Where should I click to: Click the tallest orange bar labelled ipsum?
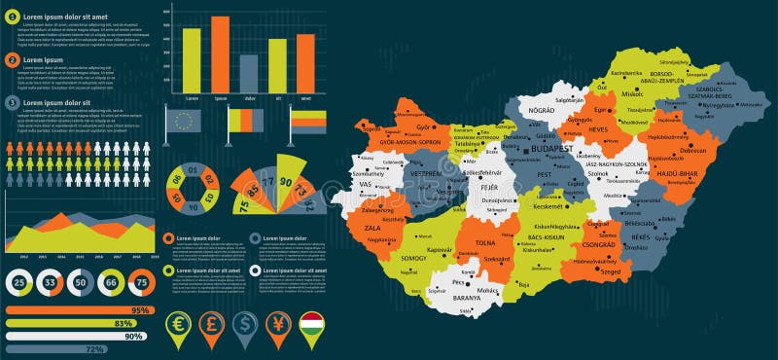point(220,53)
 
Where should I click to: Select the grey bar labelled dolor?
point(248,72)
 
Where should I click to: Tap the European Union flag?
point(183,120)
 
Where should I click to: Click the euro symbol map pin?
point(178,326)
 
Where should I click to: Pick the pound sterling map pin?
point(211,326)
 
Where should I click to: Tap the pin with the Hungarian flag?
point(311,326)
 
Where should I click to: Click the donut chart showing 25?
point(19,282)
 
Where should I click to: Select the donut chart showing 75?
point(141,282)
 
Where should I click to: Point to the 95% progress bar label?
point(140,310)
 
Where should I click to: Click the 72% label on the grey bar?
point(95,348)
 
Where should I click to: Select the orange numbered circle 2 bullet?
point(13,59)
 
